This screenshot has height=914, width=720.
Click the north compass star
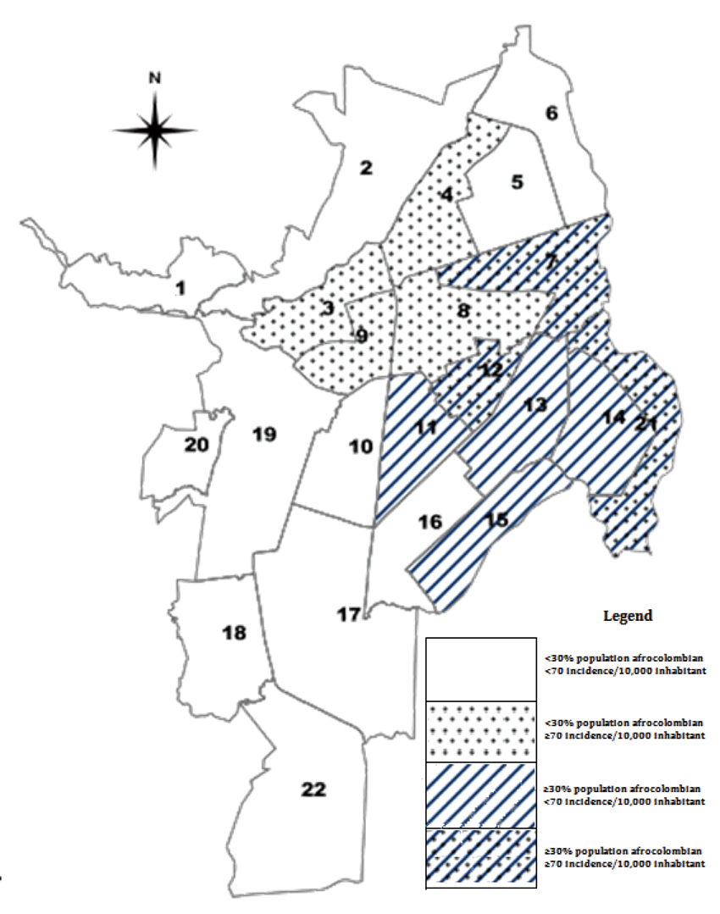point(155,130)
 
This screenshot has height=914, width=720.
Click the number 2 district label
point(366,168)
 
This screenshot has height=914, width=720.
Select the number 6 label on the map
point(551,114)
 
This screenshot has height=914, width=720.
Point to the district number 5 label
point(518,181)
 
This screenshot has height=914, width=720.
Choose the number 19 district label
point(264,435)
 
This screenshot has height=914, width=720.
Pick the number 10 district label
point(361,446)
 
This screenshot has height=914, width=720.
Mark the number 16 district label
point(430,521)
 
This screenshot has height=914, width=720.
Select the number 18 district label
point(234,632)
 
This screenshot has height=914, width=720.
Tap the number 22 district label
point(313,789)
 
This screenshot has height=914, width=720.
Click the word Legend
point(627,616)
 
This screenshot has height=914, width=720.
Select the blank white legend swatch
point(480,669)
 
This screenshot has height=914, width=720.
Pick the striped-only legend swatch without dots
point(480,795)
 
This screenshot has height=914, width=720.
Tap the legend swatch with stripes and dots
point(480,858)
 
